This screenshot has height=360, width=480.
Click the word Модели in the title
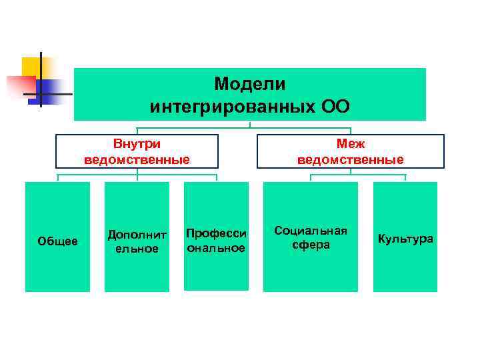(249, 85)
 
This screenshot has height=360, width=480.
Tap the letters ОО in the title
(333, 107)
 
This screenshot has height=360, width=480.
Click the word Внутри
(137, 143)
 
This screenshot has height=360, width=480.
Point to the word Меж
(350, 143)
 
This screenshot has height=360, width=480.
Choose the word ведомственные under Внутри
(137, 159)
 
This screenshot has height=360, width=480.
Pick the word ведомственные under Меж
(350, 159)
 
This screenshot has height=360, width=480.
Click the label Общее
(57, 241)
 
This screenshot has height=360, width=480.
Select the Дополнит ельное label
(137, 241)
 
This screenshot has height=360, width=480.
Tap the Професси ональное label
(216, 241)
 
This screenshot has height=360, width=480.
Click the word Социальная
(311, 231)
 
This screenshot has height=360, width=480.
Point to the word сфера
(311, 245)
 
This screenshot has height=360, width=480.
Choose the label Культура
(405, 238)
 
